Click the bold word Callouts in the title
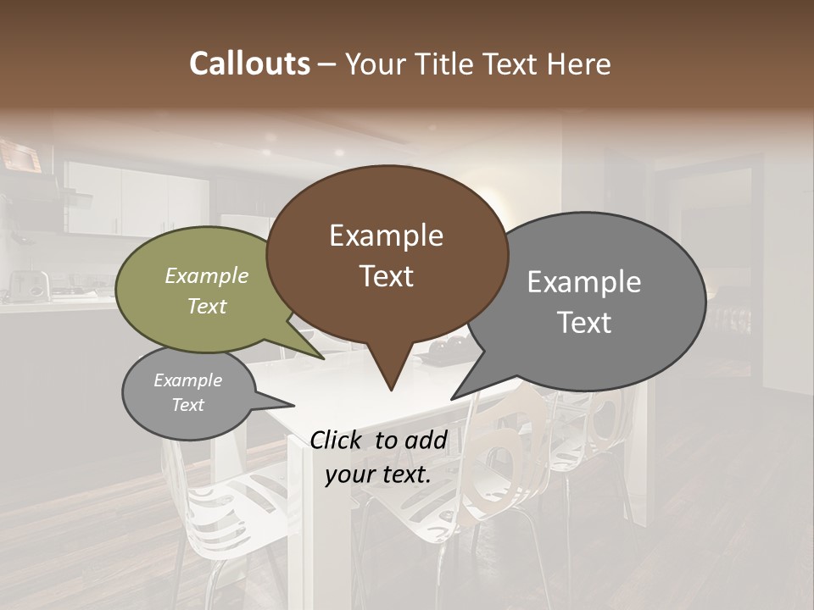(249, 64)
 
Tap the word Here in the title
(580, 64)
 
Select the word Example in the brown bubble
(386, 236)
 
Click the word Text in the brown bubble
(386, 275)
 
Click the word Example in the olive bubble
(207, 276)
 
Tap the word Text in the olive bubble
(207, 306)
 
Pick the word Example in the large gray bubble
(584, 282)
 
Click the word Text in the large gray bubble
(584, 322)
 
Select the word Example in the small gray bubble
(188, 380)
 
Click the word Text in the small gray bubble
(188, 405)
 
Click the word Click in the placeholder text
(337, 440)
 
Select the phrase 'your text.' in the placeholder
(378, 475)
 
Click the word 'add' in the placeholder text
(427, 440)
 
